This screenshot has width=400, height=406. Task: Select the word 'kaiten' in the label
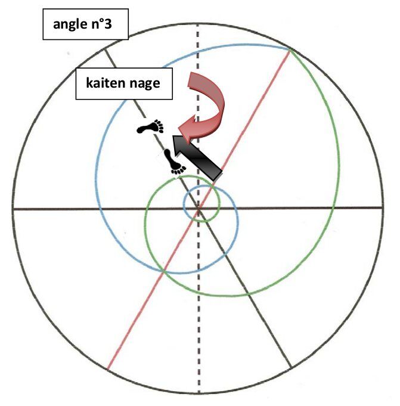(105, 83)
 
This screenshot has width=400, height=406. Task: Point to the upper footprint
(150, 126)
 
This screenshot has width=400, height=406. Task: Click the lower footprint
(175, 162)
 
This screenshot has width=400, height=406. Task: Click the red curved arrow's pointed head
(179, 128)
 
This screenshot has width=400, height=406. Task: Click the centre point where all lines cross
(199, 209)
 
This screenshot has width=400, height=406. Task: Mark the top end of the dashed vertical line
(198, 24)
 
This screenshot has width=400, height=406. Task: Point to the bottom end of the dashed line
(199, 393)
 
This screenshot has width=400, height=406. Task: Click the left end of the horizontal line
(13, 209)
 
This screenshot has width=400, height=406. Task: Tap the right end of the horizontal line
(383, 207)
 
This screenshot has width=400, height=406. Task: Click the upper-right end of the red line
(290, 49)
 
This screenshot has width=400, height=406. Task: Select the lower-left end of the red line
(107, 369)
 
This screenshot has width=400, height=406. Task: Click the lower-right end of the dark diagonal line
(292, 367)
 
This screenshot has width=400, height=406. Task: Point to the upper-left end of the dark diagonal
(104, 49)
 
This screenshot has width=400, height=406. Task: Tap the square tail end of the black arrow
(218, 175)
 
